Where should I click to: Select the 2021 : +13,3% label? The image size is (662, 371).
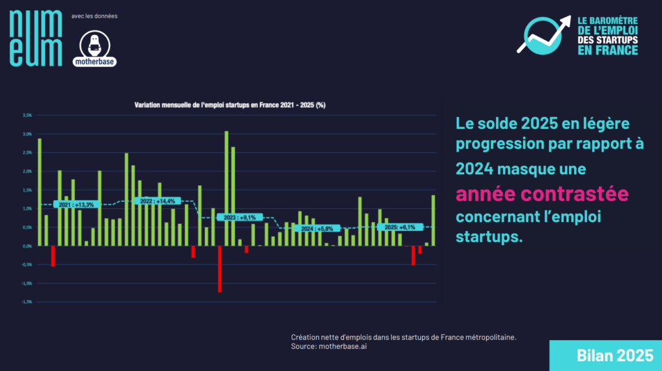click(x=76, y=205)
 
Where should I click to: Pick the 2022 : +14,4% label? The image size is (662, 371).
click(x=157, y=201)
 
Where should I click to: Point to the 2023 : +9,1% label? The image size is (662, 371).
click(x=237, y=217)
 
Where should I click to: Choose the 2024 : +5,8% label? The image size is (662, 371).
click(x=317, y=228)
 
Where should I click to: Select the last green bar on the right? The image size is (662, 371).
click(x=433, y=220)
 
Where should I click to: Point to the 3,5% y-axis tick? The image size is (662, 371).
click(x=27, y=115)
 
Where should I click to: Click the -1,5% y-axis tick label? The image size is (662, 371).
click(x=27, y=302)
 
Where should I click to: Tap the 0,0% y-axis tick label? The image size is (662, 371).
click(x=27, y=246)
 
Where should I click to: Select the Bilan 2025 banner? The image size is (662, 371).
click(x=605, y=356)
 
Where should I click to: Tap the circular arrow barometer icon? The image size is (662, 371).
click(x=542, y=36)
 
